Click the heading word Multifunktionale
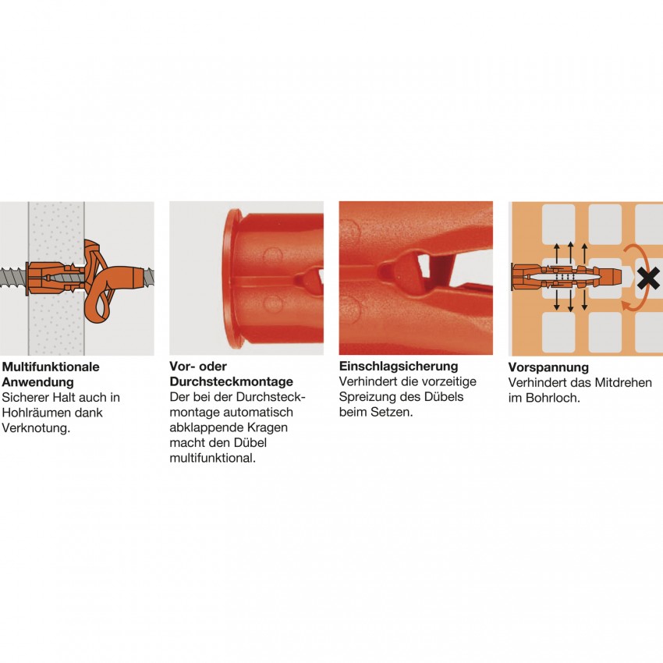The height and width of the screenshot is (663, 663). click(51, 367)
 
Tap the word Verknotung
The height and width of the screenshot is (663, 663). click(36, 428)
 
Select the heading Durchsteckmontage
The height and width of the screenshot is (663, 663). click(232, 381)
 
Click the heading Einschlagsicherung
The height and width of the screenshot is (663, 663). click(399, 366)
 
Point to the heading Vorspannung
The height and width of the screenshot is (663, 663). click(548, 367)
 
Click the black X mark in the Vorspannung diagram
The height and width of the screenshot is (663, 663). click(648, 279)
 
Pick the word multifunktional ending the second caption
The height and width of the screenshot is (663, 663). click(213, 458)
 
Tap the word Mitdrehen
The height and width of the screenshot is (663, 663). click(623, 383)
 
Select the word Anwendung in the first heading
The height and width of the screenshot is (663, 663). click(38, 382)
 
